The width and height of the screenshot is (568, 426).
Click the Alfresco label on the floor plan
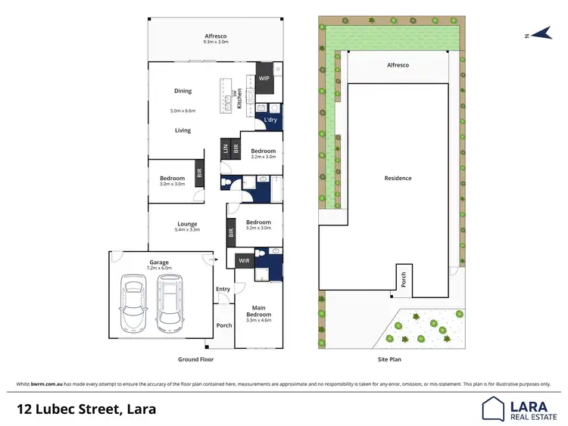(216, 36)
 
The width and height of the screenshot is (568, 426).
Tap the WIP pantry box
(264, 78)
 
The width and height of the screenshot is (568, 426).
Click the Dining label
(183, 91)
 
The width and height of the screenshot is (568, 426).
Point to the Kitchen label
(240, 97)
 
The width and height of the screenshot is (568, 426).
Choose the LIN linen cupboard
(225, 148)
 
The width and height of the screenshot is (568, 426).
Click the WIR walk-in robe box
(243, 261)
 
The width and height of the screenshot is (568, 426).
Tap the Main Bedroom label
(258, 313)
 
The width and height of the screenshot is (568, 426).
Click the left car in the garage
(134, 303)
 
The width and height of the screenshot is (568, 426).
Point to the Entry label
(223, 289)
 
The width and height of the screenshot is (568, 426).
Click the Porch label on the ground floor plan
(224, 325)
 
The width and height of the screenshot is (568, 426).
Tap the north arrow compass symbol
(541, 34)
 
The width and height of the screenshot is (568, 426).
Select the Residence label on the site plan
(398, 179)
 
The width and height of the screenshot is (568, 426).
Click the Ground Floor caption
(196, 359)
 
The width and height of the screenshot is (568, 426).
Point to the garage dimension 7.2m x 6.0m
(160, 268)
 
